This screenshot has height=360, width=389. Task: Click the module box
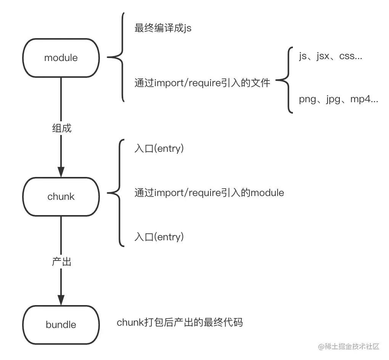[61, 58]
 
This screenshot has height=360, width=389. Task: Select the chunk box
[61, 196]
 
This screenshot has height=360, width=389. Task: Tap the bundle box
[61, 325]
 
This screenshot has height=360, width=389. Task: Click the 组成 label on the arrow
[61, 128]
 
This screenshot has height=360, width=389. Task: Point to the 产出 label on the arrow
[61, 262]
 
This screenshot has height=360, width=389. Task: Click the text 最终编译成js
[163, 28]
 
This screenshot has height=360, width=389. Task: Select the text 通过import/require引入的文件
[202, 83]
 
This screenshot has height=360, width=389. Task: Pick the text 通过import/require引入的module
[209, 193]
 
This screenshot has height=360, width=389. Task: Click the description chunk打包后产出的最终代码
[180, 323]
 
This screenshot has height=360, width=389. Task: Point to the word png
[307, 100]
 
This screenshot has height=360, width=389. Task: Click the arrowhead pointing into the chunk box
[61, 172]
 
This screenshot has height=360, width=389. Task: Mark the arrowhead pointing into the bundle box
[61, 300]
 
